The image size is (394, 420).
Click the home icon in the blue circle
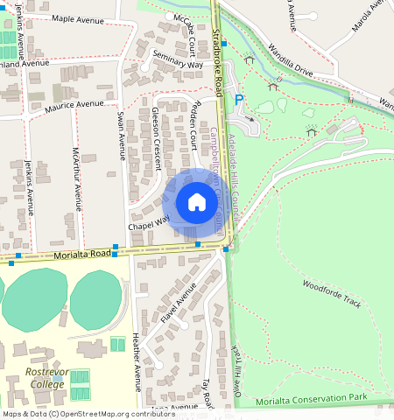(x=197, y=203)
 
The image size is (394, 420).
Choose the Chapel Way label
(x=148, y=225)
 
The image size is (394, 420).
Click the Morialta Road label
(x=82, y=254)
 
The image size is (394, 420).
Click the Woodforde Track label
(x=332, y=294)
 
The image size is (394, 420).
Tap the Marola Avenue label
(x=368, y=16)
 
